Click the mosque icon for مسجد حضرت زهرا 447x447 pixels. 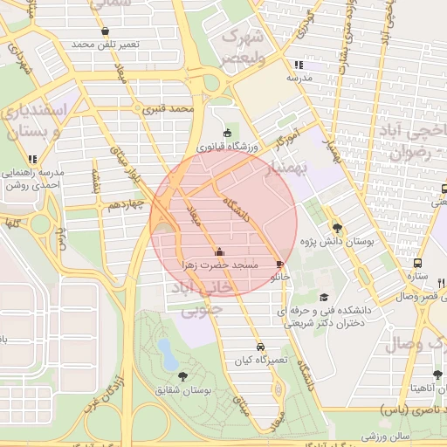pyautogui.click(x=218, y=253)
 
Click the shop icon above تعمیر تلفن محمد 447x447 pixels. pyautogui.click(x=105, y=31)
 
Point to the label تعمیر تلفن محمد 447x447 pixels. pyautogui.click(x=94, y=44)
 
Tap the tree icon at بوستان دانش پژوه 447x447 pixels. pyautogui.click(x=337, y=228)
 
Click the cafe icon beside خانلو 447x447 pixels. pyautogui.click(x=279, y=263)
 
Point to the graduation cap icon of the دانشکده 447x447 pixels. pyautogui.click(x=325, y=298)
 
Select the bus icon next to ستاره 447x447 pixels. pyautogui.click(x=418, y=262)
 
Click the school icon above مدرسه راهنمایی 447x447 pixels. pyautogui.click(x=32, y=159)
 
